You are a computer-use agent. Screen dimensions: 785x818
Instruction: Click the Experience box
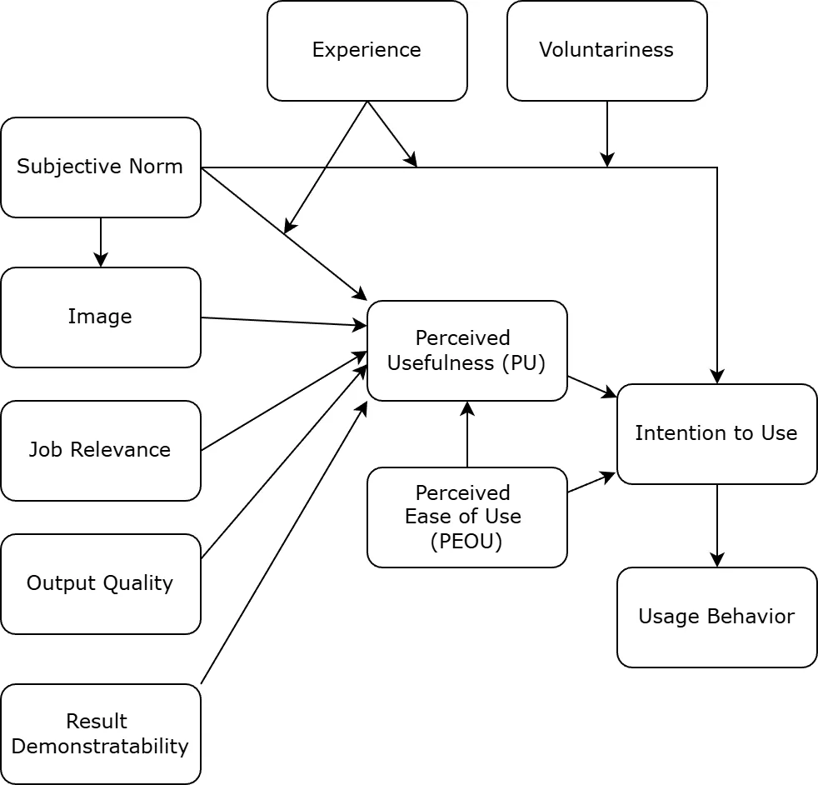coord(367,51)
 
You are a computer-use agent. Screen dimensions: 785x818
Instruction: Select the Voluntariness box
coord(606,51)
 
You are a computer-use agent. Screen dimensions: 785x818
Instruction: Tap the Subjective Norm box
coord(100,167)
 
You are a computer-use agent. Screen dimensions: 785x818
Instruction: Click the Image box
coord(100,317)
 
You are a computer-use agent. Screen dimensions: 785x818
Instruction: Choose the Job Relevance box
coord(100,451)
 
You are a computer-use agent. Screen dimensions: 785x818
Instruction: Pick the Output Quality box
coord(100,584)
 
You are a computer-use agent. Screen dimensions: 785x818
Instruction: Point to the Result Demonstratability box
coord(100,734)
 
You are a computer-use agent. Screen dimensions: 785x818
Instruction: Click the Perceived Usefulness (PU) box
coord(466,351)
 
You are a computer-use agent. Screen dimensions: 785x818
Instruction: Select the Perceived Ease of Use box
coord(466,517)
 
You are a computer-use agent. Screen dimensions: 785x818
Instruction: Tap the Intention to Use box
coord(716,434)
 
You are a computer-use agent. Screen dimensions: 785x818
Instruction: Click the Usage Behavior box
coord(716,617)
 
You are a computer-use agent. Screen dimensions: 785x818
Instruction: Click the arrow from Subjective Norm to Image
coord(101,242)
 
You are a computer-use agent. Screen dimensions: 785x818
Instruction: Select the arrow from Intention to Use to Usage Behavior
coord(717,525)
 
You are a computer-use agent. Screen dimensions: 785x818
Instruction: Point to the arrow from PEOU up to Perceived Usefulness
coord(467,434)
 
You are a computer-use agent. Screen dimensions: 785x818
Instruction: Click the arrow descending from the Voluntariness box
coord(607,133)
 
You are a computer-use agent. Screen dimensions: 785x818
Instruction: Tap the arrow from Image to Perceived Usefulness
coord(283,322)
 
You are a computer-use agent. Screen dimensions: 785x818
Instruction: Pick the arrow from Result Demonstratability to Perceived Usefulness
coord(283,543)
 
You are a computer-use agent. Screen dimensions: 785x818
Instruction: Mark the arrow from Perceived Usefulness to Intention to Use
coord(592,387)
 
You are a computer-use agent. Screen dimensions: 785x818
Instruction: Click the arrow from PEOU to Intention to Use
coord(591,483)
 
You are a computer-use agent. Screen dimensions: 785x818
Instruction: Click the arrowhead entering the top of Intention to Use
coord(717,377)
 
